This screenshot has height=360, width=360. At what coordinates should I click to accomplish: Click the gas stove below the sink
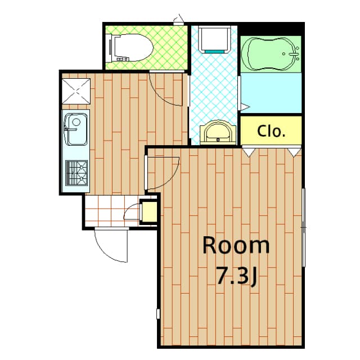pos(76,173)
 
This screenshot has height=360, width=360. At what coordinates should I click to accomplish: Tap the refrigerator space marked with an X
pos(75,91)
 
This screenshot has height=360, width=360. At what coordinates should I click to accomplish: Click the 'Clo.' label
pos(272,131)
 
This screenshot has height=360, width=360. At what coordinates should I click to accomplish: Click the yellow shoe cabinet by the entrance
pos(150,212)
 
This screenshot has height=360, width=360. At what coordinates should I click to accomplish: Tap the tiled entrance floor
pos(110,211)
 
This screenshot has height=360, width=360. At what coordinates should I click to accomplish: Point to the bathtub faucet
pos(293,55)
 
